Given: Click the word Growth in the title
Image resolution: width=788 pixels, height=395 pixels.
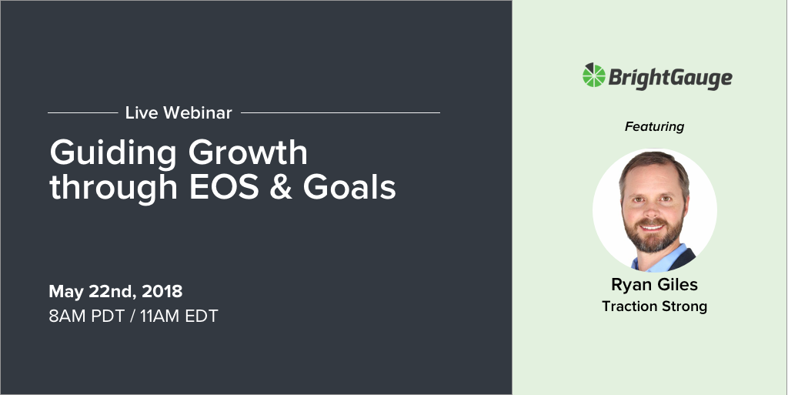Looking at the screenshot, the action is click(249, 152).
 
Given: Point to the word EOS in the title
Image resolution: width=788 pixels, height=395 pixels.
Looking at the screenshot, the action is click(224, 187).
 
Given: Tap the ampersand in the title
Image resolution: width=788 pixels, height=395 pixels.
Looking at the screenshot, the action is click(281, 187).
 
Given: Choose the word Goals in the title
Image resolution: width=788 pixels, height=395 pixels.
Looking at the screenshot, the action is click(349, 187).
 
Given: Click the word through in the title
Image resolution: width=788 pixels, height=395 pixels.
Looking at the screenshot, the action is click(114, 189).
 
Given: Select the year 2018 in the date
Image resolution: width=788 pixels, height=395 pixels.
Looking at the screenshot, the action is click(162, 292).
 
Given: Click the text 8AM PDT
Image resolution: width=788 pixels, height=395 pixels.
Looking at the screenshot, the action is click(86, 316).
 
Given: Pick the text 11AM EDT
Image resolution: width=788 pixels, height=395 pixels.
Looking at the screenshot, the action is click(179, 316).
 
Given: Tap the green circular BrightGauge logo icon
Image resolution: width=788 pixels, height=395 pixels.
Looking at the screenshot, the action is click(594, 75).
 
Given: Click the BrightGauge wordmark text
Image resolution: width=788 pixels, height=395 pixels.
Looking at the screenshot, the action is click(670, 78).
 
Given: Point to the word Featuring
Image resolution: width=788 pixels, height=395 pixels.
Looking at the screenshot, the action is click(654, 126).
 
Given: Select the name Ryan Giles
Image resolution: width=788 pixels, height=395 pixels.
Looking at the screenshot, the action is click(654, 285).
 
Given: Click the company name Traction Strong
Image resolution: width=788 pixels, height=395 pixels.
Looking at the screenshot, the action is click(654, 306).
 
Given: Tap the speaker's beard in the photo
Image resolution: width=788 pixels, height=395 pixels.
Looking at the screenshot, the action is click(653, 237).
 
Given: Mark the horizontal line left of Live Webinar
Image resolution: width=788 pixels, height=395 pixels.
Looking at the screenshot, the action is click(83, 113).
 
